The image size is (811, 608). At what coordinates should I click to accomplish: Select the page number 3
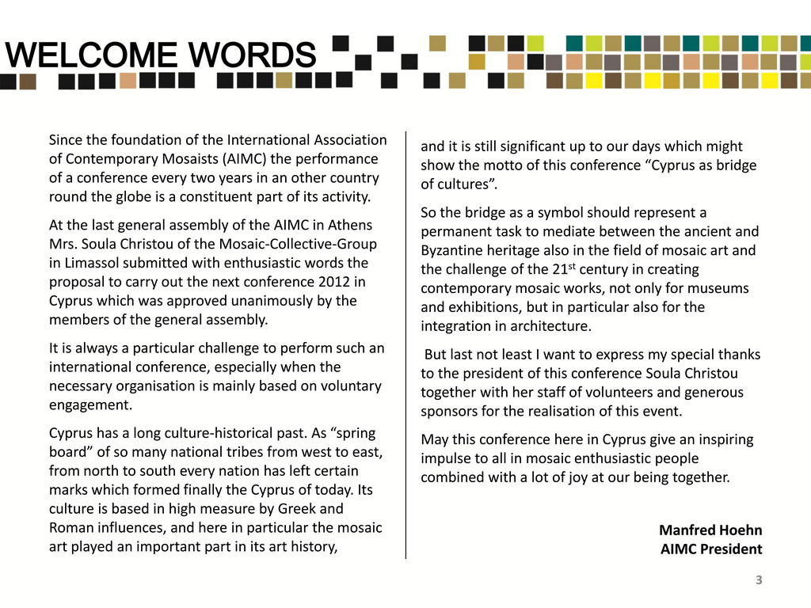coord(759,581)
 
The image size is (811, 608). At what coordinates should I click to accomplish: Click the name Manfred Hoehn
coord(710,530)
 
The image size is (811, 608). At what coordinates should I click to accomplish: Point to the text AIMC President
coord(711,549)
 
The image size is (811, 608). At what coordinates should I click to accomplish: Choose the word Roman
coord(70,527)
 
